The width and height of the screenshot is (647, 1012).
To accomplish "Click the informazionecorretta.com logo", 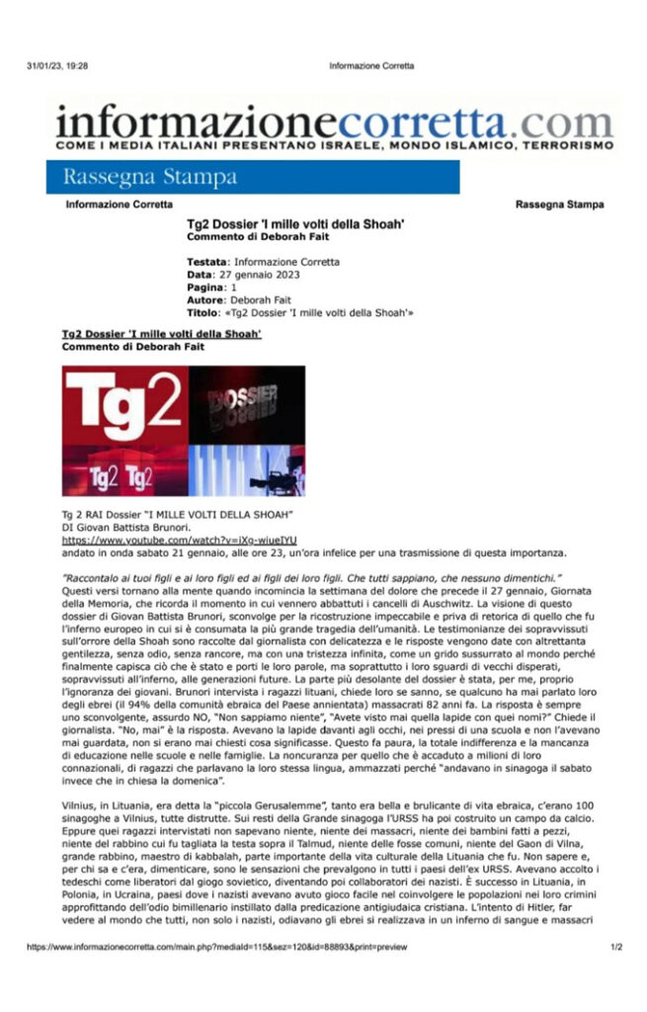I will [x=335, y=123].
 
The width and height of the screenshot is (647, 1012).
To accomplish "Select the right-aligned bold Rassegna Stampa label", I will [x=560, y=205].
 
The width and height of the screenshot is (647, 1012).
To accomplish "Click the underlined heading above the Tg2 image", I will [x=161, y=335].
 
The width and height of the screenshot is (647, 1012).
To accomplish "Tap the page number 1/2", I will [x=615, y=946].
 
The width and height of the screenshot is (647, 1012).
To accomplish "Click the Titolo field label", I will [x=202, y=311].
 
